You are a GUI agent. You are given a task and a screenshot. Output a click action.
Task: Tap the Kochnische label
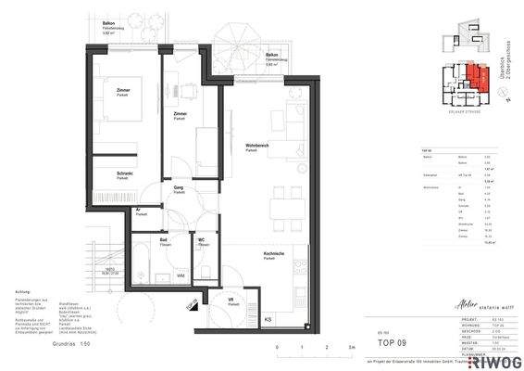[x=271, y=254]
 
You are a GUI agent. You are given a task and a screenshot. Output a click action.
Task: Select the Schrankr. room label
[x=125, y=173]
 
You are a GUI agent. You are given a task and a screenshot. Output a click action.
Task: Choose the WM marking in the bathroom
[x=181, y=275]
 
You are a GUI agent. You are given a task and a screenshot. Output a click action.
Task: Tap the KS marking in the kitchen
[x=268, y=320]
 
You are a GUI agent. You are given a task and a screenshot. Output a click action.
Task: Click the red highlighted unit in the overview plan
[x=474, y=74]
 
